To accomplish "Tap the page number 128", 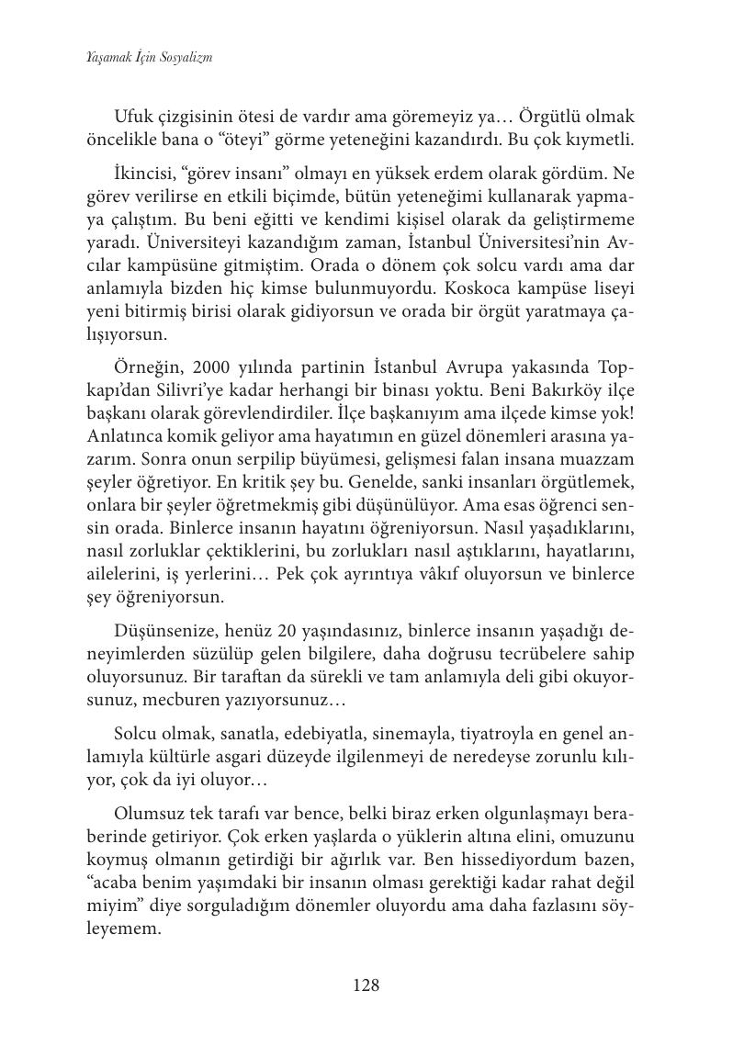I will coord(366,985).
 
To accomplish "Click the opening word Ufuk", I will coord(133,117).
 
